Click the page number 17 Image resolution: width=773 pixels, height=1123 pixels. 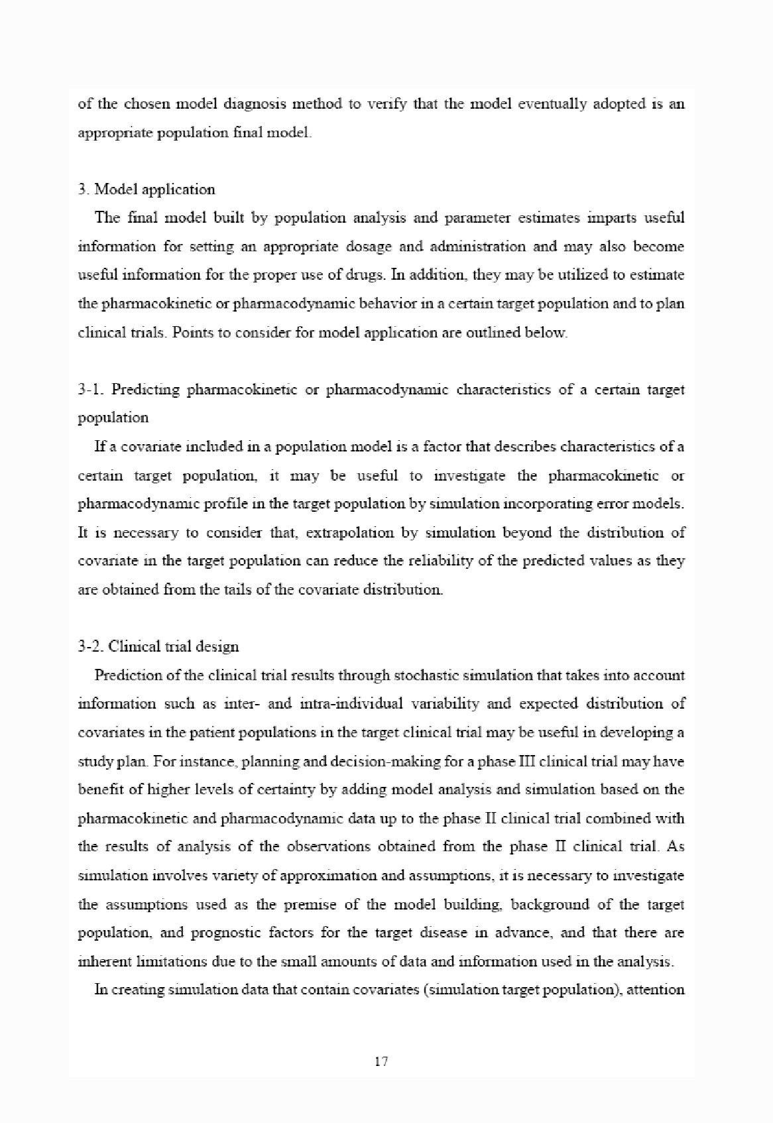[381, 1061]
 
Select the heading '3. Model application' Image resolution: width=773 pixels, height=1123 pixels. [147, 190]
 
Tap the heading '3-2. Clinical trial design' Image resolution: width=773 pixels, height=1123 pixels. [158, 646]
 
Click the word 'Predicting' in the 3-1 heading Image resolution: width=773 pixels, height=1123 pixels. [145, 390]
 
